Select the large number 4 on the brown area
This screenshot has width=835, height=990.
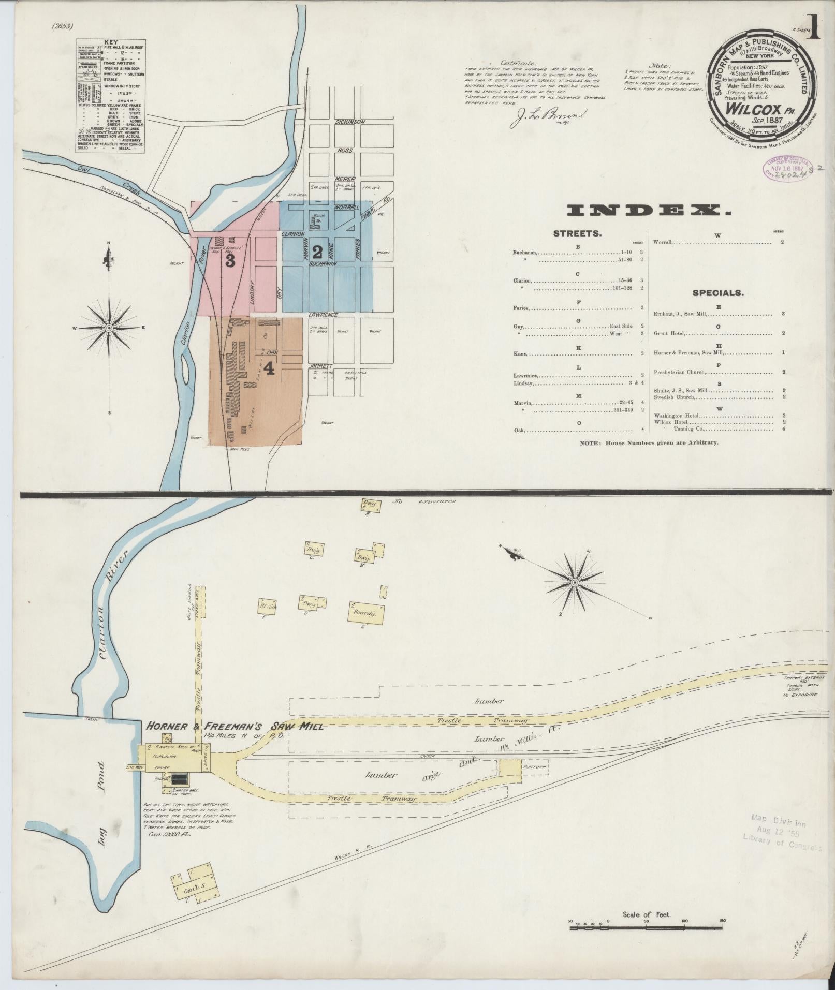(269, 368)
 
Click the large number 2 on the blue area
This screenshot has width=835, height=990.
(317, 252)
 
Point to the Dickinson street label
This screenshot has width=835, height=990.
(350, 122)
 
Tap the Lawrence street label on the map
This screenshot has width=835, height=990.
(323, 315)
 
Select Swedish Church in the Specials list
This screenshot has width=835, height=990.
(675, 397)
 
